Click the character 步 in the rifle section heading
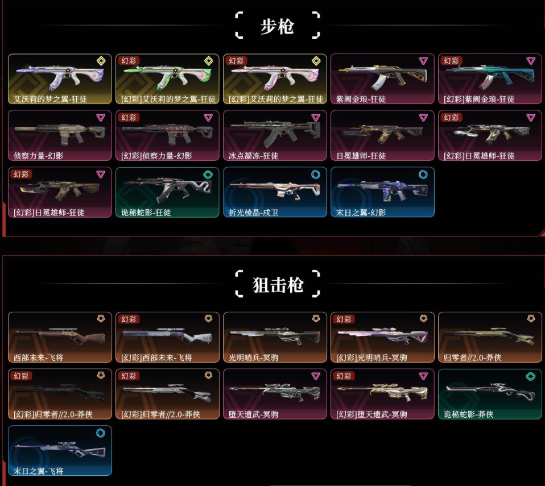click(269, 26)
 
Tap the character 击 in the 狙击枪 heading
click(278, 285)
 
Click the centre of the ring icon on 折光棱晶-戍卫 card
click(315, 175)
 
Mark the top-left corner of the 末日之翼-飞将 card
click(9, 426)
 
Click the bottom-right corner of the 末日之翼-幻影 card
click(434, 217)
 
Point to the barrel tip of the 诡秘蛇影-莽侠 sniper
click(446, 388)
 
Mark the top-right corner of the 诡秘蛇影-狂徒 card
click(219, 168)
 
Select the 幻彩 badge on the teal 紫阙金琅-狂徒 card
click(451, 61)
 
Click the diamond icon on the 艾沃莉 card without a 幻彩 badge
click(101, 61)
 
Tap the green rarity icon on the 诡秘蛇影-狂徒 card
click(208, 175)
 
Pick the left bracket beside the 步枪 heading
click(239, 25)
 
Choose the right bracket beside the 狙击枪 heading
click(316, 284)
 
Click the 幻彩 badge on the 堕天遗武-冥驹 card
click(344, 376)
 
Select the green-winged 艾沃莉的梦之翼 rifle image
click(167, 76)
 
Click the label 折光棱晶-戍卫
click(253, 212)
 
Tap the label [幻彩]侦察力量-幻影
click(156, 156)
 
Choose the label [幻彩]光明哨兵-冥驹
click(371, 358)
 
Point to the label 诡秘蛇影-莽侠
click(469, 414)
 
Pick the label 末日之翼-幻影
click(361, 212)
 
